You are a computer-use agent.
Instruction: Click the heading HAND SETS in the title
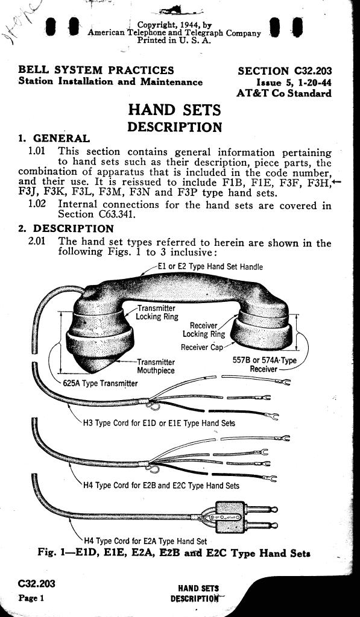[174, 110]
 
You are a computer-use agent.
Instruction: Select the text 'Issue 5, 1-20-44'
[294, 83]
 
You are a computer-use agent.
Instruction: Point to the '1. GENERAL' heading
[54, 139]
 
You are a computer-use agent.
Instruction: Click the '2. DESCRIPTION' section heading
[66, 228]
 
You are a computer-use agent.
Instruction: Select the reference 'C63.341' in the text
[115, 215]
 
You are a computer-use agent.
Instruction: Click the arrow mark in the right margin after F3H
[336, 182]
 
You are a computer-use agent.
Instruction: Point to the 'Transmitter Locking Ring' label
[157, 313]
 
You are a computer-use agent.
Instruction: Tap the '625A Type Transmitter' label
[100, 383]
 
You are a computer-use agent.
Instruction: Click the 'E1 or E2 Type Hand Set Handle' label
[210, 266]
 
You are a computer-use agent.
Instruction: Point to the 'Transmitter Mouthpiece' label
[156, 366]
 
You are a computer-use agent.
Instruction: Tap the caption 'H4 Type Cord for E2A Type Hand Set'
[145, 541]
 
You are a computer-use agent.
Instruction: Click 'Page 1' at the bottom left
[31, 598]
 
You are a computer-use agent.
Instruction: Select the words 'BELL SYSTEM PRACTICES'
[96, 70]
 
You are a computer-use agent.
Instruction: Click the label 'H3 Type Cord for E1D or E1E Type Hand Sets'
[159, 424]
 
